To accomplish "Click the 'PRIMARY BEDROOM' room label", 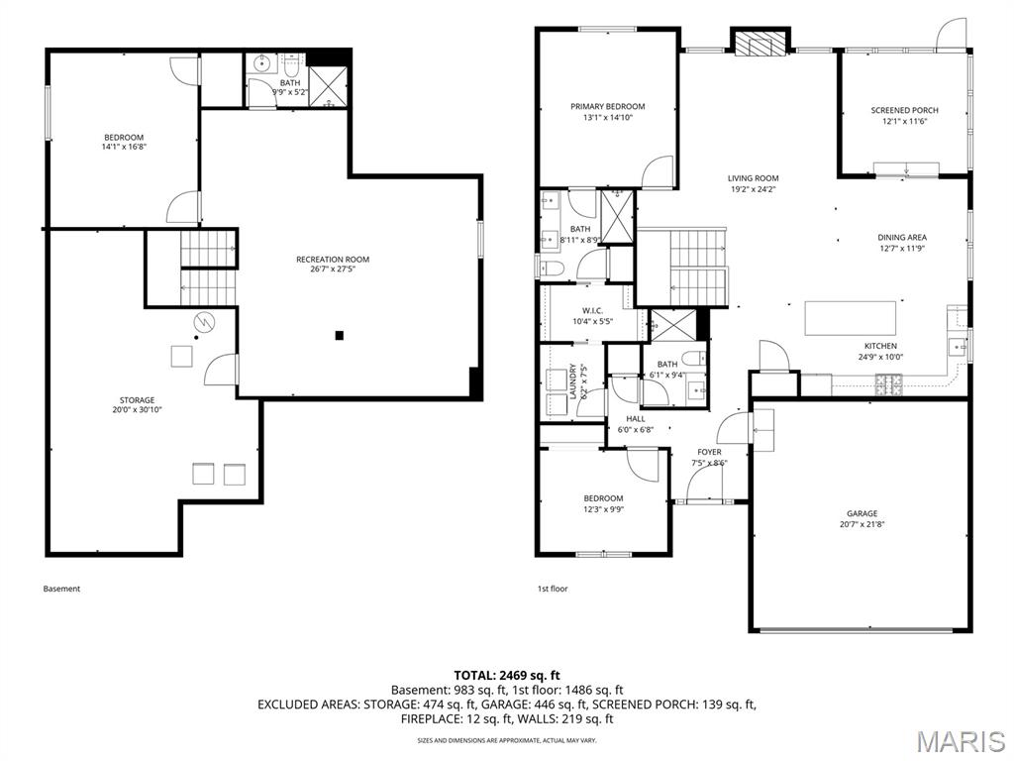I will (607, 107).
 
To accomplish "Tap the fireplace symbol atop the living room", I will (760, 43).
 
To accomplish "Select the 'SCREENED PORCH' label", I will (904, 111).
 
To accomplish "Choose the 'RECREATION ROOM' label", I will (333, 260).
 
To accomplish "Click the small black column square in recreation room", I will (340, 336).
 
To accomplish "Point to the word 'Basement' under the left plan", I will (61, 589).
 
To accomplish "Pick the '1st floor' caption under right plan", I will (553, 589).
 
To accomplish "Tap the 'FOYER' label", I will (710, 452).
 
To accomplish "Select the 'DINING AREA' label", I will (902, 238).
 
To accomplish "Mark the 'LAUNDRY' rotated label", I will (573, 381).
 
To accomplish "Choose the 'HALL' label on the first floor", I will (635, 419).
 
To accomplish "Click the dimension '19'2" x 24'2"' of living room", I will (753, 189).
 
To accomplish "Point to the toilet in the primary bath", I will (551, 269).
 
